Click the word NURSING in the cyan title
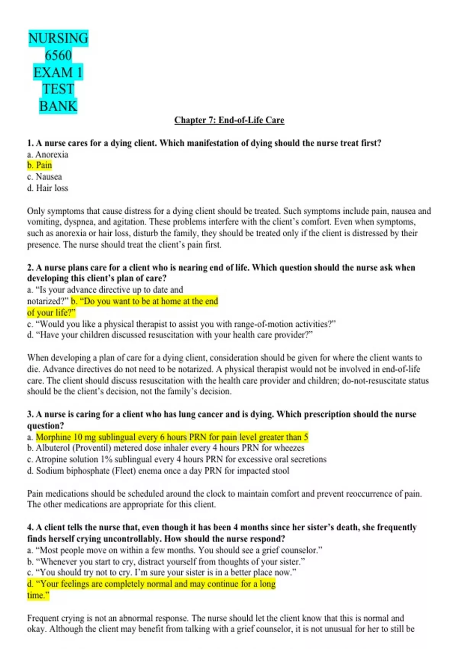pos(58,38)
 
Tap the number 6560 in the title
pos(58,55)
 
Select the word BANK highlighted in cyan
pos(58,106)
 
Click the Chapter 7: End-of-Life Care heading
pos(229,120)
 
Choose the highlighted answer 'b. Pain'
pos(40,165)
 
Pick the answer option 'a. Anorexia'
pos(48,155)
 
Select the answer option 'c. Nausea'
pos(44,177)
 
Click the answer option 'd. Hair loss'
pos(48,188)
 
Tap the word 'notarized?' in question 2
pos(48,301)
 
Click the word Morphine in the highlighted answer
pos(53,437)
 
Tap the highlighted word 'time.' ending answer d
pos(38,596)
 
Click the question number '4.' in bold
pos(31,528)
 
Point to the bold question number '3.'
pos(31,415)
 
